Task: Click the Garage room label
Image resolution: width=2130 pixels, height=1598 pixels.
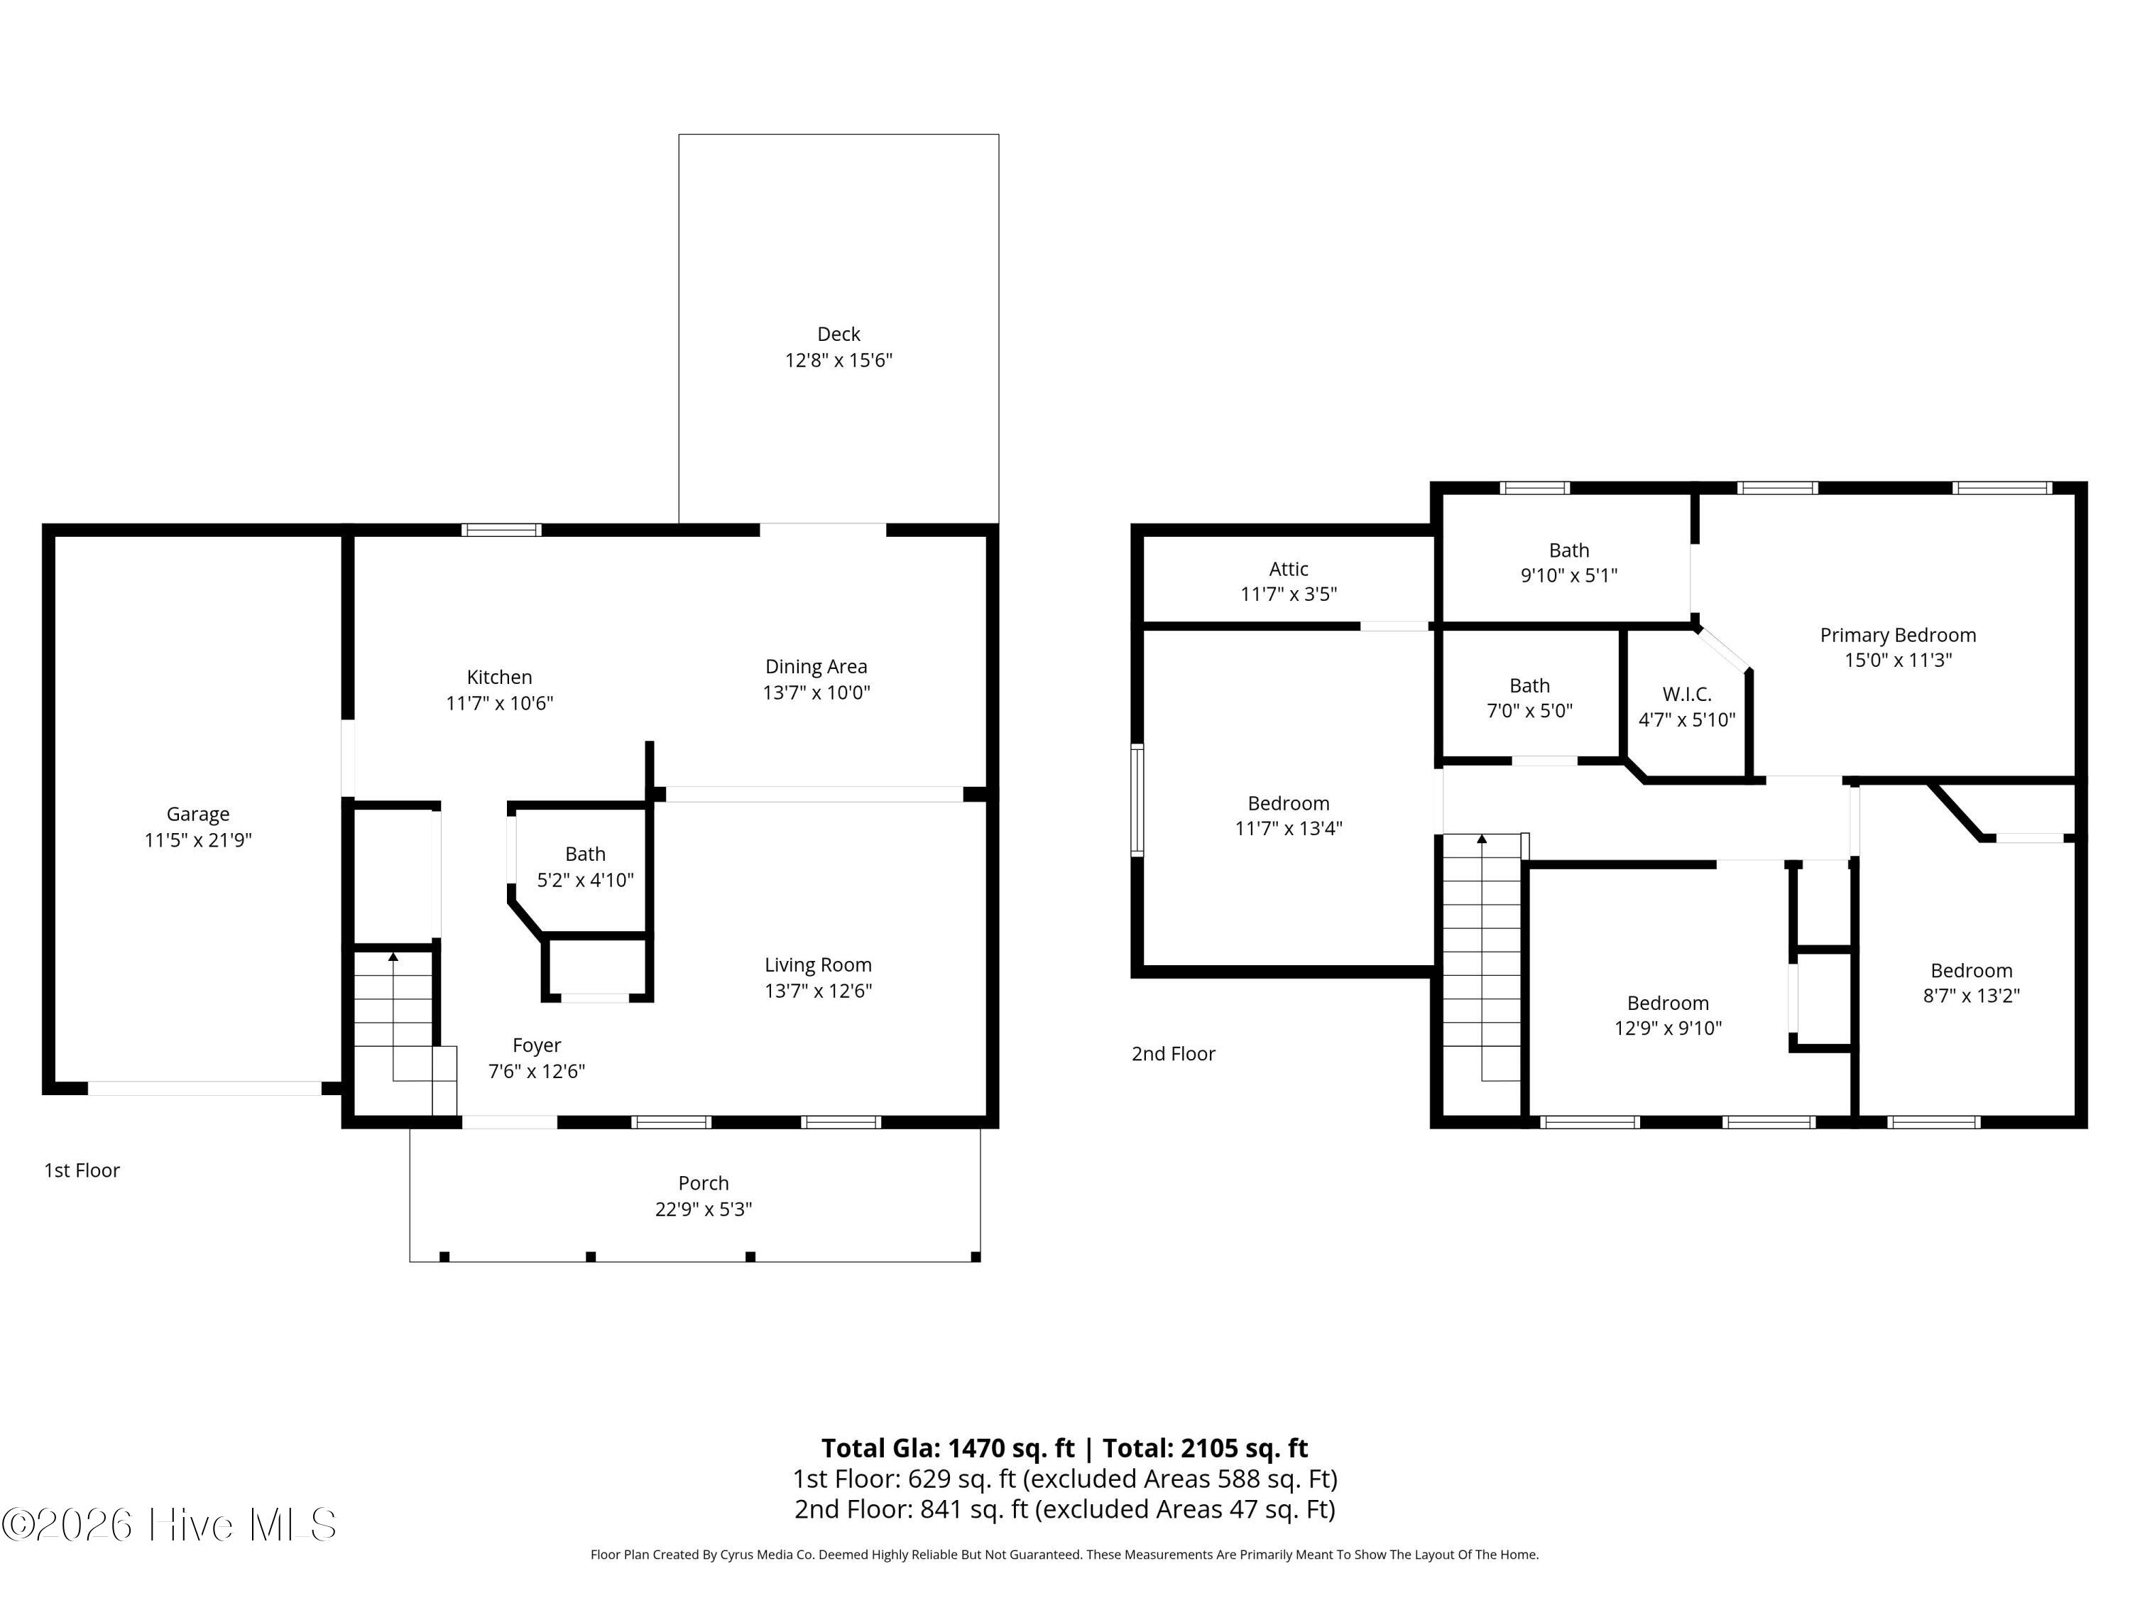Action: (x=198, y=814)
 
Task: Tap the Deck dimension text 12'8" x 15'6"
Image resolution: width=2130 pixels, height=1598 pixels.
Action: (x=839, y=360)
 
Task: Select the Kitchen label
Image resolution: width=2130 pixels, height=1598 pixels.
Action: (x=499, y=677)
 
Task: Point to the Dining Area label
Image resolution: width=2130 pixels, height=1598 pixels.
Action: (x=816, y=667)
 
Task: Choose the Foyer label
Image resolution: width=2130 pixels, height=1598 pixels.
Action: (x=536, y=1046)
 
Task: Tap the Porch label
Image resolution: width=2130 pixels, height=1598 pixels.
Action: (x=703, y=1183)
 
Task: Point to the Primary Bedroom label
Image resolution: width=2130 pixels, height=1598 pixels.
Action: (x=1898, y=636)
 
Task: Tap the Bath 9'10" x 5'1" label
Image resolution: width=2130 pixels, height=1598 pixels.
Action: (x=1568, y=562)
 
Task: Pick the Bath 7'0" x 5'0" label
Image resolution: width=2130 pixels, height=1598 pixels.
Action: (x=1529, y=698)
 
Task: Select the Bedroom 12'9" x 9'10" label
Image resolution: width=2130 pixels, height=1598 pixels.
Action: (x=1668, y=1015)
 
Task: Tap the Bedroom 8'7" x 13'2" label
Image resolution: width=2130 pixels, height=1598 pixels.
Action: (x=1971, y=982)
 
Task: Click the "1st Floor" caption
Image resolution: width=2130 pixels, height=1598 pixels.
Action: (x=82, y=1170)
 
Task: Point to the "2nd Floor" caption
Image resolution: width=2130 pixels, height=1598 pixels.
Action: (x=1173, y=1054)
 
